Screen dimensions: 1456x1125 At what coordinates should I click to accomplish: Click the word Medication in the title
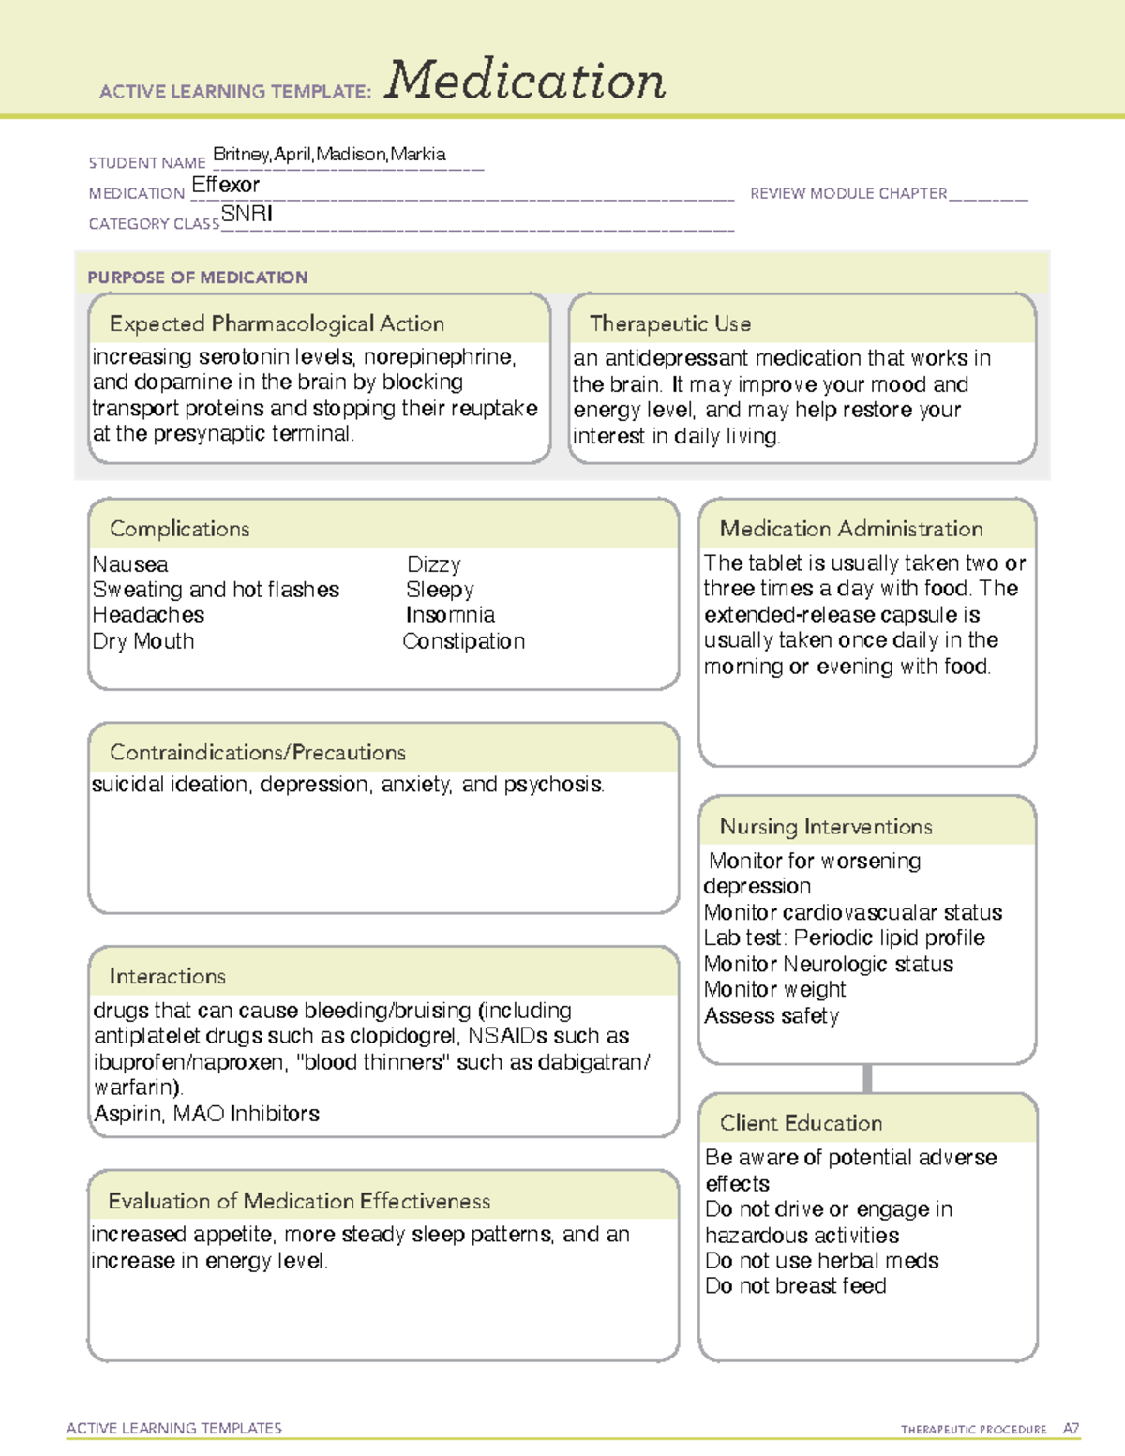tap(525, 81)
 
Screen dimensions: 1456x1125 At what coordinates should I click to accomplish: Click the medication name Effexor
tap(225, 186)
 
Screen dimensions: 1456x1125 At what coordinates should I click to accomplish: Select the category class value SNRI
tap(247, 215)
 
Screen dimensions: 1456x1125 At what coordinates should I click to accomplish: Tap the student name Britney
tap(241, 155)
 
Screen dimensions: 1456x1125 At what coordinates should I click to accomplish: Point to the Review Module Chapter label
tap(848, 194)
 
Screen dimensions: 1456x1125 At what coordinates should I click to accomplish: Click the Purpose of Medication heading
tap(198, 278)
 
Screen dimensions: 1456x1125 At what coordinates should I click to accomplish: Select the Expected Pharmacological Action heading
tap(277, 324)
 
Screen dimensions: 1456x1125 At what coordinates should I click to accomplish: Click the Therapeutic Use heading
tap(670, 324)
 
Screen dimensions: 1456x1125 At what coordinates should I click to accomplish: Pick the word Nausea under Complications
tap(130, 564)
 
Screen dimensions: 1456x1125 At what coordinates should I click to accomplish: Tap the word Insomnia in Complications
tap(450, 615)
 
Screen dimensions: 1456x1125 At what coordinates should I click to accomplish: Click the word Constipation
tap(464, 641)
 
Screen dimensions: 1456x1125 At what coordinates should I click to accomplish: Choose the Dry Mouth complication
tap(143, 641)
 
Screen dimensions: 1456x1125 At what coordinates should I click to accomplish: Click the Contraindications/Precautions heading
tap(258, 753)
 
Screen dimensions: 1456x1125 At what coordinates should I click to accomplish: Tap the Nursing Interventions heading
tap(826, 827)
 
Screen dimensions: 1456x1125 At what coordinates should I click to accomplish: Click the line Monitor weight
tap(774, 990)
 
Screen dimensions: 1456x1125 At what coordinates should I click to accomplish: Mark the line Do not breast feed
tap(796, 1286)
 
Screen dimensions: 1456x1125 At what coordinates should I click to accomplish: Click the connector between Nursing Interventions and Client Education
tap(867, 1079)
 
